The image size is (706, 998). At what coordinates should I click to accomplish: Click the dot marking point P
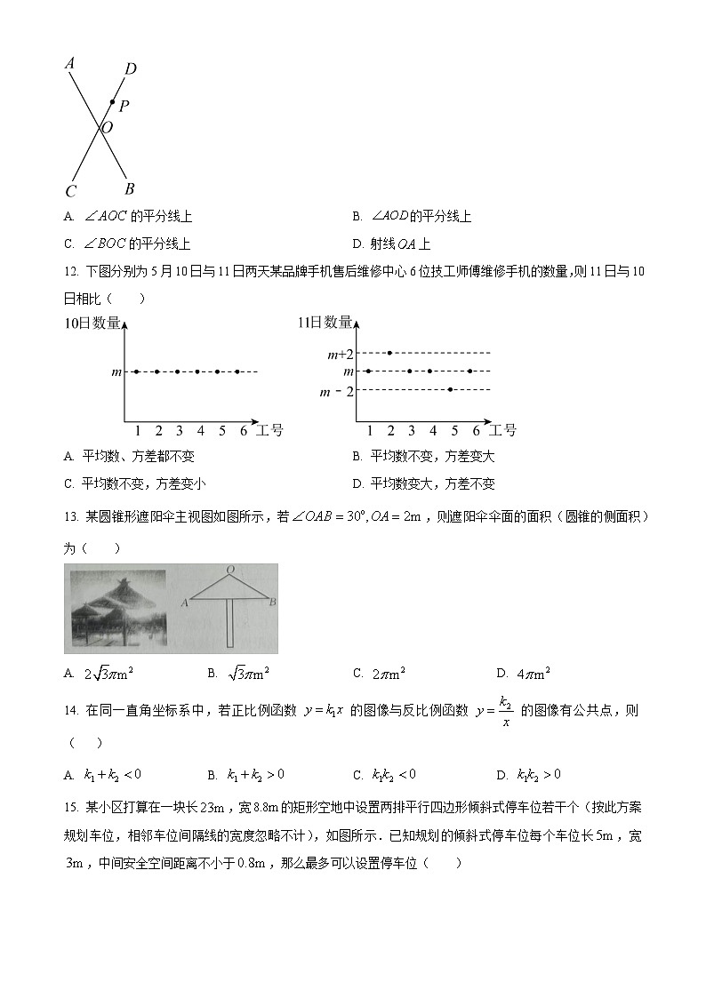[112, 102]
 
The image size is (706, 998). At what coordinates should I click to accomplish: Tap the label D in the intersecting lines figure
[131, 69]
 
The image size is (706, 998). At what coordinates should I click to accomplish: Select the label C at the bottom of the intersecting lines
[70, 191]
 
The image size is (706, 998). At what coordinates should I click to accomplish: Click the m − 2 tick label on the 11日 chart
[337, 391]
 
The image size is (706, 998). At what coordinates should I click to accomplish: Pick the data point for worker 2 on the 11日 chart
[389, 353]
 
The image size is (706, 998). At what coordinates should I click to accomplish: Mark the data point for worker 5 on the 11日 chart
[452, 389]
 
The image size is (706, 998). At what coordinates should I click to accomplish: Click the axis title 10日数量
[92, 323]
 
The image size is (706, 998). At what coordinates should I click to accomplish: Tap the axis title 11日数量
[325, 323]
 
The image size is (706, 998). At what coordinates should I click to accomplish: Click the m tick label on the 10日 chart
[116, 371]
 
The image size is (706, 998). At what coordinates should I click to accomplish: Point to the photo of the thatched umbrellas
[116, 608]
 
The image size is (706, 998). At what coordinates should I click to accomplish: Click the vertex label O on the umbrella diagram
[230, 570]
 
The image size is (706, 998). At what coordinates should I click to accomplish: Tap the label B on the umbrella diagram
[272, 603]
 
